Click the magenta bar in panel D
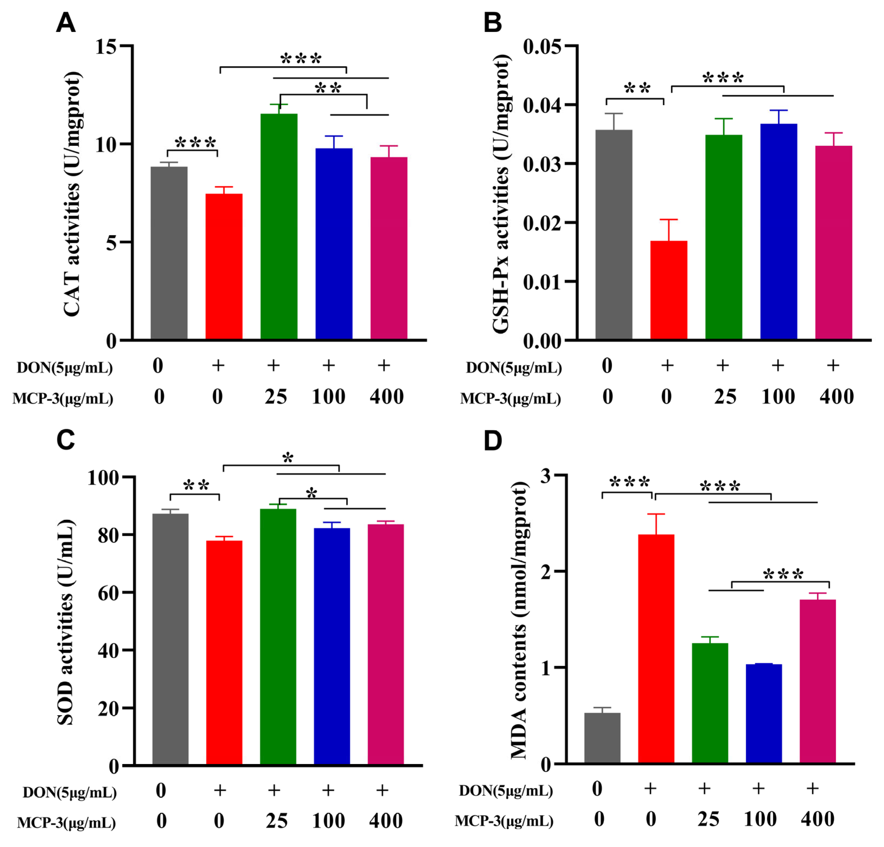[817, 681]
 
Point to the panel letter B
[492, 22]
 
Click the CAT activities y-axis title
[72, 194]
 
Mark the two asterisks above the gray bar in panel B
[637, 88]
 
